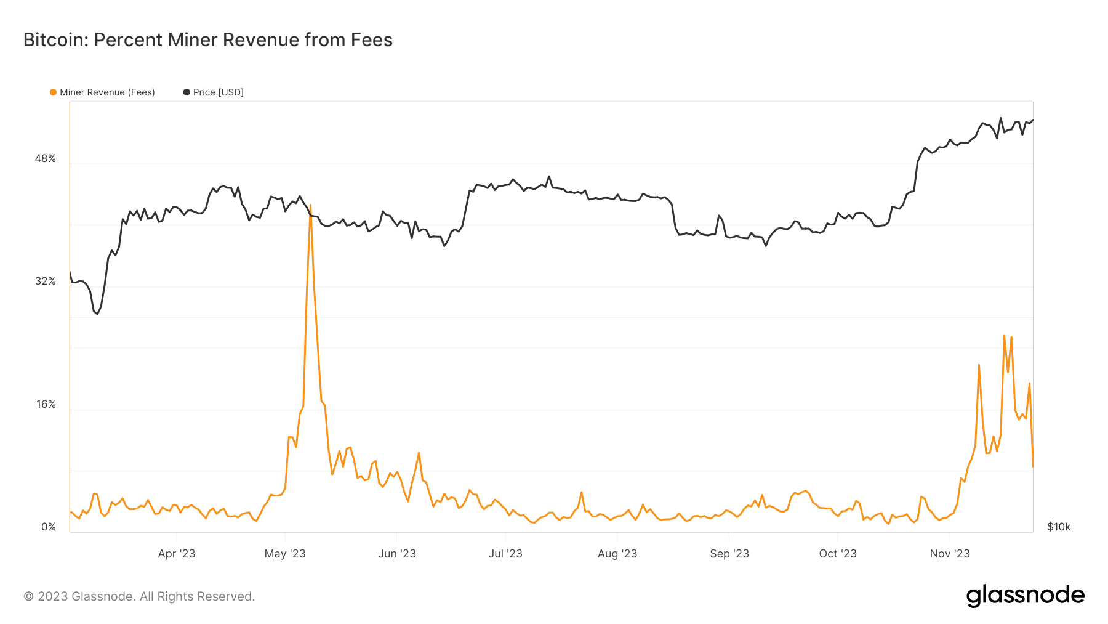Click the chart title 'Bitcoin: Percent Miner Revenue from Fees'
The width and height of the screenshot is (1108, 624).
[x=208, y=40]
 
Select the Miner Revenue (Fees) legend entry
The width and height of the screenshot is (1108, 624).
[x=102, y=92]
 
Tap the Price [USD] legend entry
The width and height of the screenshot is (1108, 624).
[x=214, y=92]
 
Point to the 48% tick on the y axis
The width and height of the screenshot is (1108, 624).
[x=46, y=159]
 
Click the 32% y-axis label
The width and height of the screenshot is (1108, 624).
[x=46, y=282]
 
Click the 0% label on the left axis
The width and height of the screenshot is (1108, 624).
[x=49, y=527]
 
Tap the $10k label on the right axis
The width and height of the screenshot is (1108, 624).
[x=1059, y=527]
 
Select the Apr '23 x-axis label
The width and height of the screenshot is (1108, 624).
[x=177, y=554]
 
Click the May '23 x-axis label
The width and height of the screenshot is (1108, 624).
[x=285, y=554]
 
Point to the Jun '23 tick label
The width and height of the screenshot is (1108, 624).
[x=397, y=554]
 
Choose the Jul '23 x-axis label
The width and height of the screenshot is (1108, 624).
[x=505, y=554]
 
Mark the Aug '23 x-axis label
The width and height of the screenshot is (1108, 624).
[x=617, y=554]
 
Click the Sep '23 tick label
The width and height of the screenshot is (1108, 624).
[x=729, y=554]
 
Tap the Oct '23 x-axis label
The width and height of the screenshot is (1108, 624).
[x=838, y=554]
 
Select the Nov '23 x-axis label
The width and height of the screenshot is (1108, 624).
[x=950, y=554]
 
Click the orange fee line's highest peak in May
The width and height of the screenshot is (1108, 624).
[x=311, y=205]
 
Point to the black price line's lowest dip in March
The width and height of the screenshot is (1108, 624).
[x=97, y=314]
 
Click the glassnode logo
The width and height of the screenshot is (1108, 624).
[x=1026, y=596]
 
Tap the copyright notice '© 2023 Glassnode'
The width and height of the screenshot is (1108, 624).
[x=139, y=596]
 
